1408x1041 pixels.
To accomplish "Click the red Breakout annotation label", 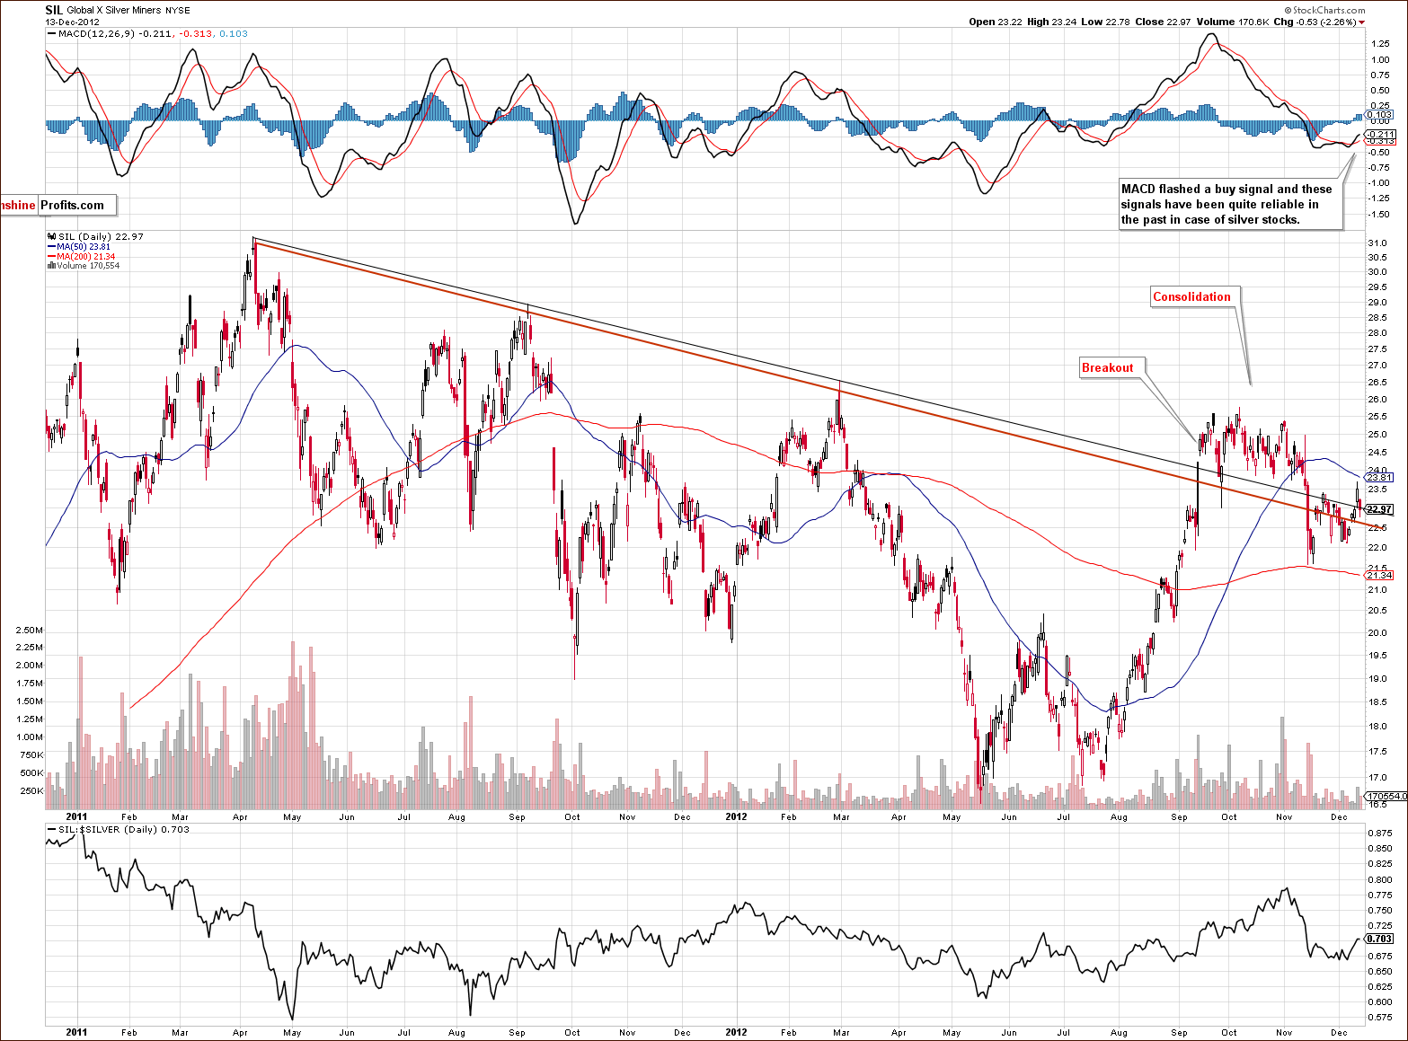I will [x=1107, y=367].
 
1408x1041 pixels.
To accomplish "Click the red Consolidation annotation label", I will [x=1191, y=297].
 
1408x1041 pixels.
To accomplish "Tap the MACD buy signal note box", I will [x=1226, y=204].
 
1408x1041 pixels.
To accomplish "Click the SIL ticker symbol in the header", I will [x=54, y=10].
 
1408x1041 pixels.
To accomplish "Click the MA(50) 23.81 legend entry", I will [x=83, y=247].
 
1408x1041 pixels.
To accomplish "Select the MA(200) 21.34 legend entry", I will [x=85, y=257].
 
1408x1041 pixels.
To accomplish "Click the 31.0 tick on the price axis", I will [x=1376, y=243].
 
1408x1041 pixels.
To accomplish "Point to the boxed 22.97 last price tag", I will [x=1378, y=509].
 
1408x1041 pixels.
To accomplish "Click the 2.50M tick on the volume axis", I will [x=30, y=631].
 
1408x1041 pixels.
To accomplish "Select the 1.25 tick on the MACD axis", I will [x=1379, y=42].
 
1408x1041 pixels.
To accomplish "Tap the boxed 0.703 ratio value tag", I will [x=1380, y=939].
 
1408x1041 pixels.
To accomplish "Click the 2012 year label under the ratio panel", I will [x=736, y=1032].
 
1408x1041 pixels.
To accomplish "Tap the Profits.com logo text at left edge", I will [x=72, y=205].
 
